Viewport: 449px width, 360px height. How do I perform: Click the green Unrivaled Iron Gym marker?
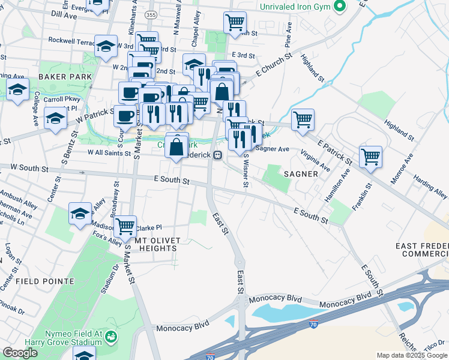pos(340,7)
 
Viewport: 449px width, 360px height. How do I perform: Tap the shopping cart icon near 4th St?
pos(235,23)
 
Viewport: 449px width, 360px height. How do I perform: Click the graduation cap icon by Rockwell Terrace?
pos(106,47)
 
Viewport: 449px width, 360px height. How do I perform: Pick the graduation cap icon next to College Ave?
pos(18,90)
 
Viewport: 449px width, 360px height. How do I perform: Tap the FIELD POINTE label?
pos(45,281)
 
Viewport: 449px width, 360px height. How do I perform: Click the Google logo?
pos(20,353)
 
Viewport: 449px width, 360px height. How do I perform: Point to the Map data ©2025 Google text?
pos(412,355)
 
